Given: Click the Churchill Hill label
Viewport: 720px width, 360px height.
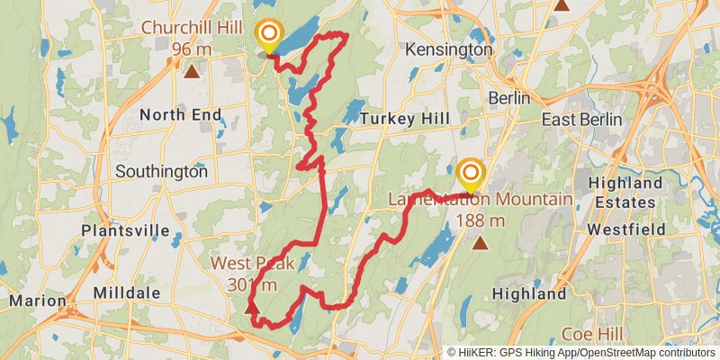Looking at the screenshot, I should tap(190, 28).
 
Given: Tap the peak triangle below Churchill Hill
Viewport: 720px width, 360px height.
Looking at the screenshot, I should tap(190, 70).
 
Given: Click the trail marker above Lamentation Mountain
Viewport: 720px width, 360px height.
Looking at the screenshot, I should tap(471, 174).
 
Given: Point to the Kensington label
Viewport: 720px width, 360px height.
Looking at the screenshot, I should tap(449, 50).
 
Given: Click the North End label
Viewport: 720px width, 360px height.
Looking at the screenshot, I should tap(180, 114).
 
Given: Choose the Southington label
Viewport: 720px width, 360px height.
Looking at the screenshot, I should tap(162, 171).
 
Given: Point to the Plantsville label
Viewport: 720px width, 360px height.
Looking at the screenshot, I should tap(124, 230).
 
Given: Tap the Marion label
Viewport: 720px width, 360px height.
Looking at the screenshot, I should tap(37, 301).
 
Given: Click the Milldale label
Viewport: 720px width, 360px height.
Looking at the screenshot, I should tap(126, 293).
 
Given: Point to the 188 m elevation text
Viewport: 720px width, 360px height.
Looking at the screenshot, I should tap(480, 220).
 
